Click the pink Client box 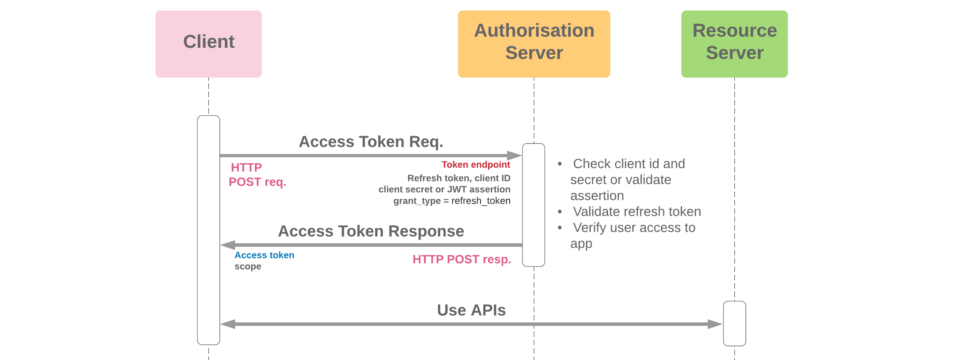(x=208, y=44)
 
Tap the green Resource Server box (x=734, y=44)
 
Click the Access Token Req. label (x=371, y=142)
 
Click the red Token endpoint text (x=475, y=165)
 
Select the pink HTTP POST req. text (x=257, y=175)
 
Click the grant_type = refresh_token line (x=451, y=201)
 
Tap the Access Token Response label (x=371, y=231)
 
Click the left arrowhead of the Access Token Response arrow (x=228, y=245)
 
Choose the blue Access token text (x=264, y=255)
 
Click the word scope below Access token (x=248, y=266)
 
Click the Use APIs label (x=471, y=310)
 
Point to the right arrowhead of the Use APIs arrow (x=715, y=324)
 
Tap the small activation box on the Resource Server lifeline (x=734, y=323)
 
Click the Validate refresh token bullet (x=636, y=211)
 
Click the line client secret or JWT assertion (x=444, y=189)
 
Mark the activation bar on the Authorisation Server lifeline (x=533, y=205)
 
